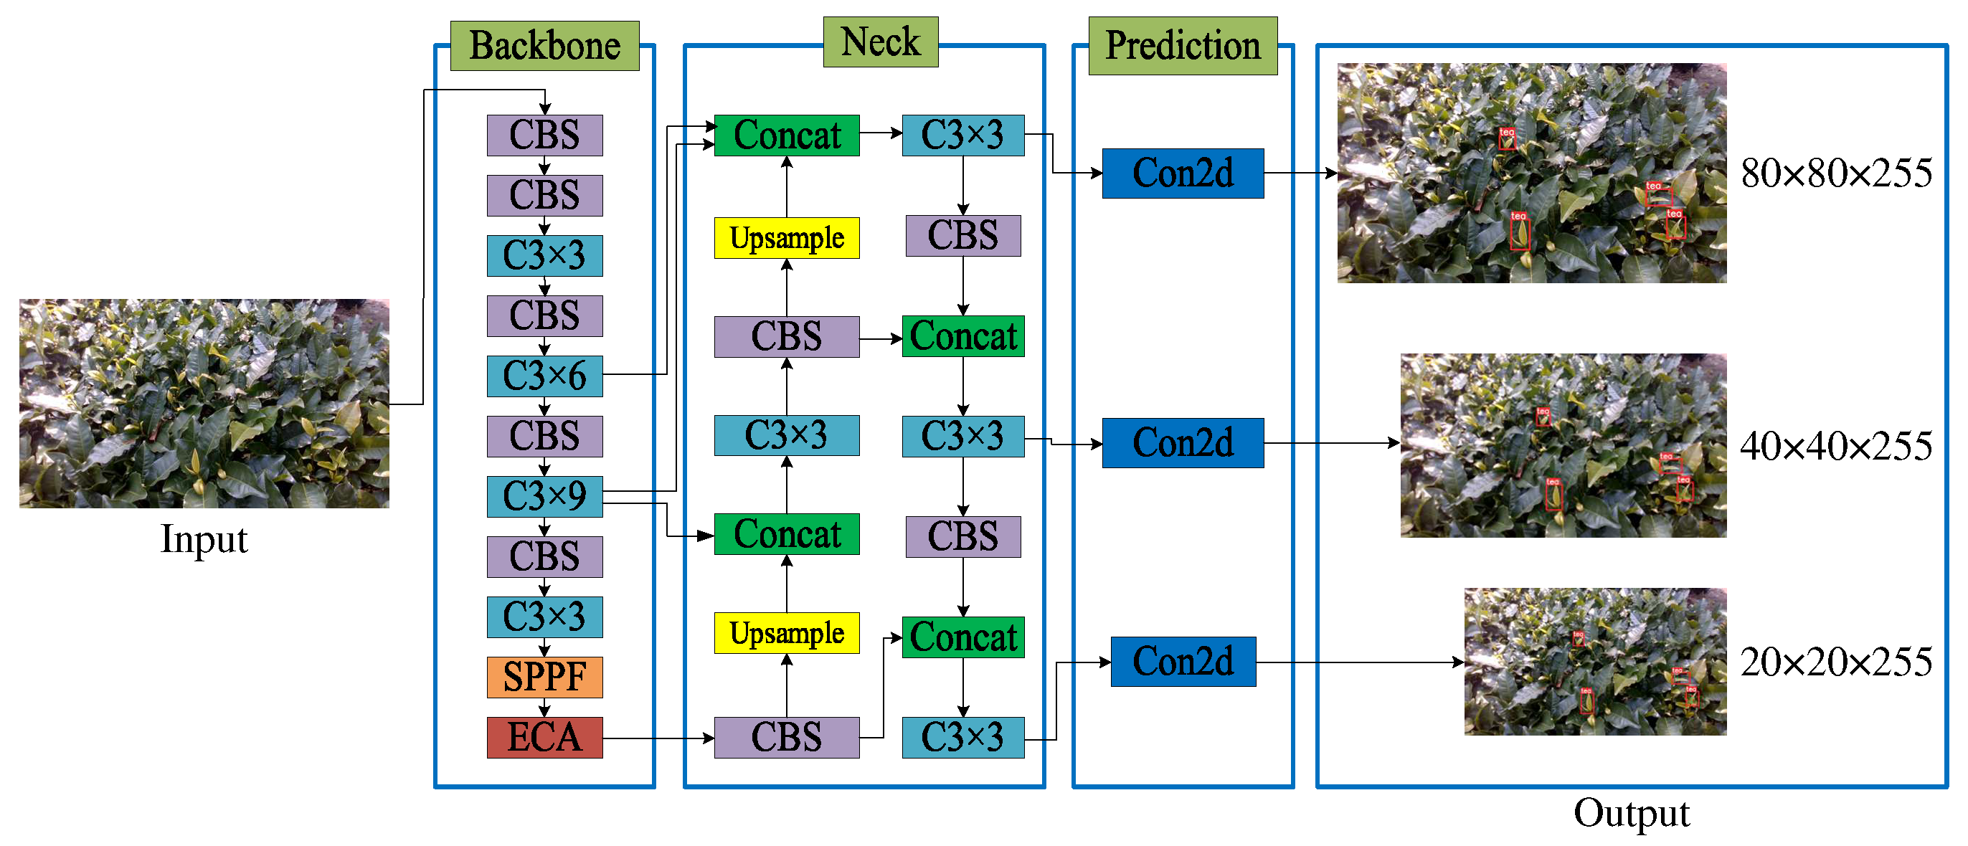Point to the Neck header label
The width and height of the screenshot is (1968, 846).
[x=880, y=42]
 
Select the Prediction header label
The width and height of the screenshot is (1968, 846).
[x=1182, y=46]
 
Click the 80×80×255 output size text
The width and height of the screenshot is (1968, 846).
[x=1836, y=174]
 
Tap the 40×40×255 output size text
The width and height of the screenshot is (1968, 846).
[x=1836, y=446]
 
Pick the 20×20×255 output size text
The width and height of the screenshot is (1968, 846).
[x=1836, y=662]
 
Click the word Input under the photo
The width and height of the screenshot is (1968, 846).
[x=204, y=539]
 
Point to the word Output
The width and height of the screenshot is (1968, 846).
[x=1631, y=812]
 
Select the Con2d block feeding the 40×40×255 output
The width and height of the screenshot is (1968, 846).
[x=1182, y=443]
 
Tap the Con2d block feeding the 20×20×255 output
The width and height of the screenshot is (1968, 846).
[x=1182, y=661]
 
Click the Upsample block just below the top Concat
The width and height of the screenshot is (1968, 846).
[x=786, y=238]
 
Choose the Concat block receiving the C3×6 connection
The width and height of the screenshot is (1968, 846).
[x=786, y=136]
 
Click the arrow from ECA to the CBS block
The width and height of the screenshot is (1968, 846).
[x=657, y=738]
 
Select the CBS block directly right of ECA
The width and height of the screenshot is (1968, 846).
[x=786, y=737]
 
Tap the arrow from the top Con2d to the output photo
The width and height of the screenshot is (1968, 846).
[x=1299, y=174]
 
